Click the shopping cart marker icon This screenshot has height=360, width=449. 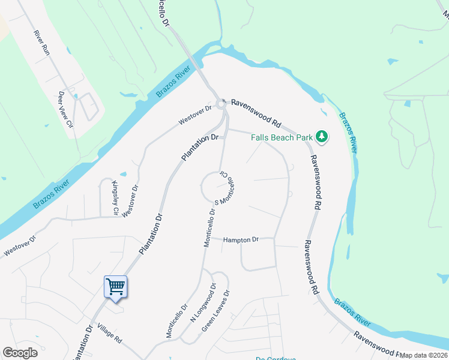click(x=115, y=286)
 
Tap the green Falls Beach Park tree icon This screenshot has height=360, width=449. click(x=322, y=137)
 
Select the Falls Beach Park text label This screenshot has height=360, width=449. click(x=282, y=137)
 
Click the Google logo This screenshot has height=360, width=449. click(x=20, y=352)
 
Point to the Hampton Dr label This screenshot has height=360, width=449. click(x=240, y=239)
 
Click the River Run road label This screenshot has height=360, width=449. click(x=41, y=43)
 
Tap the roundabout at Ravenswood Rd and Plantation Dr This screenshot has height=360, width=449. click(x=221, y=104)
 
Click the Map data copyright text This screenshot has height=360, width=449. click(x=424, y=355)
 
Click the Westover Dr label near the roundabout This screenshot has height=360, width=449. click(x=195, y=116)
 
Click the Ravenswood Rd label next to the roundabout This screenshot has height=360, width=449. click(x=256, y=112)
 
